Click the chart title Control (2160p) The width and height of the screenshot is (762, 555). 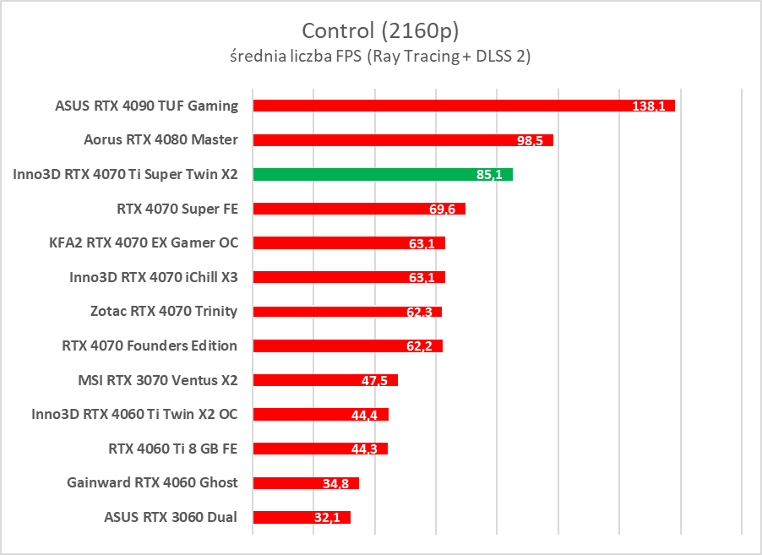pyautogui.click(x=380, y=31)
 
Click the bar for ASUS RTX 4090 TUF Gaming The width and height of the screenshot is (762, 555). pyautogui.click(x=439, y=106)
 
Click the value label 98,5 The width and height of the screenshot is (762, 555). pyautogui.click(x=531, y=140)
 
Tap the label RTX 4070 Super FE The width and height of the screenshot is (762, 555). pyautogui.click(x=177, y=208)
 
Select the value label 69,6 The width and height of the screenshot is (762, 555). pyautogui.click(x=443, y=209)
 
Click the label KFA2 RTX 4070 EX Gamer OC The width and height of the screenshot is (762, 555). pyautogui.click(x=144, y=242)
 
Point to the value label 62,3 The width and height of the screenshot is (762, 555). pyautogui.click(x=419, y=313)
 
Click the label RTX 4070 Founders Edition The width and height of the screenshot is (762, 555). pyautogui.click(x=150, y=346)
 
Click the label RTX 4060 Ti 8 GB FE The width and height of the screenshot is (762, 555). pyautogui.click(x=173, y=449)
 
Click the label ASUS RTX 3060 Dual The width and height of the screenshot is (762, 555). pyautogui.click(x=171, y=517)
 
